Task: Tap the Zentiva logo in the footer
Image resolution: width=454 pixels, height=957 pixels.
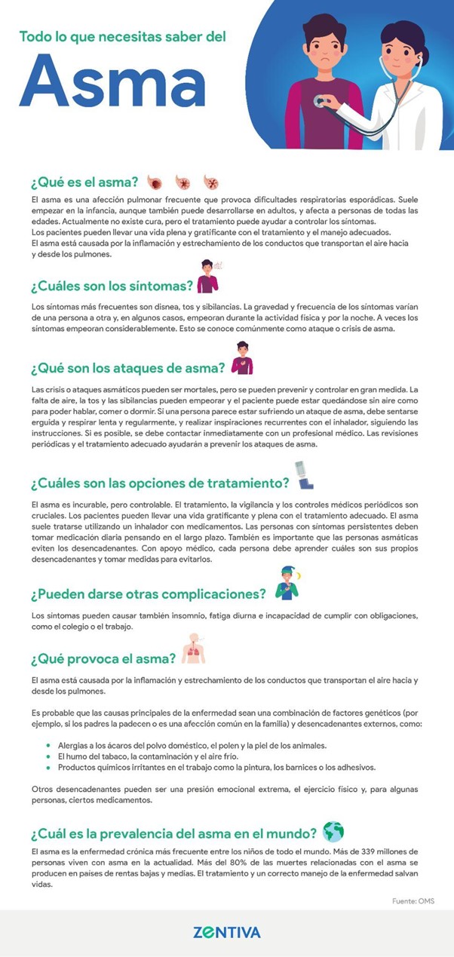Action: point(226,932)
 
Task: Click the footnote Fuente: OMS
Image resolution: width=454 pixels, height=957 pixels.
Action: point(413,901)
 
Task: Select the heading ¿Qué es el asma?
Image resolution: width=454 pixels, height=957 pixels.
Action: point(84,182)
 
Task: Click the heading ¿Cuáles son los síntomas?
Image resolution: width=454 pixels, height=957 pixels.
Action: point(110,286)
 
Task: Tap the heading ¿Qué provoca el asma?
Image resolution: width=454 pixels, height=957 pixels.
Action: point(103,658)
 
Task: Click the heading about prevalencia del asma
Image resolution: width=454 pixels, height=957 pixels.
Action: point(173,833)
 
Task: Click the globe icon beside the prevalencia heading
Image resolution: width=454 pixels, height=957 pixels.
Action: point(333,832)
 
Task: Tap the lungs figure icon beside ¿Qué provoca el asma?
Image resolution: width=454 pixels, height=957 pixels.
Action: point(194,649)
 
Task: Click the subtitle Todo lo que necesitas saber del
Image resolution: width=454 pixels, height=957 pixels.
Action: point(122,36)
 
